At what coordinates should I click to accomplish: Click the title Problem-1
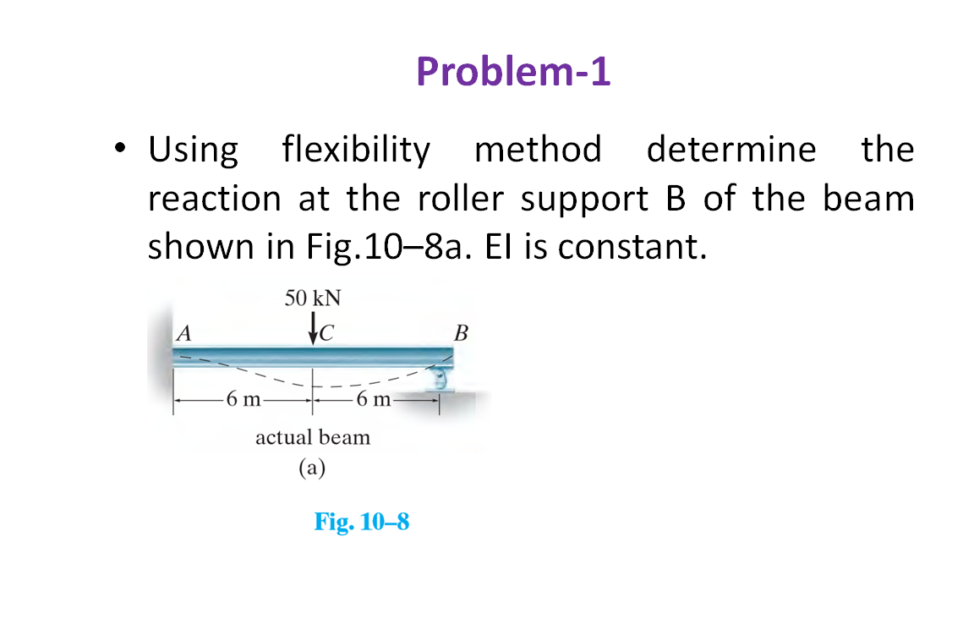click(x=513, y=72)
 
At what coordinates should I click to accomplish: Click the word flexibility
click(x=356, y=150)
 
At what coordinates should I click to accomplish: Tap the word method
click(x=539, y=150)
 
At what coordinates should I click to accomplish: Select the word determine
click(x=731, y=150)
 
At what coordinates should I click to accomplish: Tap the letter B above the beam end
click(x=461, y=331)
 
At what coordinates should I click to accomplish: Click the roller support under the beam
click(x=440, y=378)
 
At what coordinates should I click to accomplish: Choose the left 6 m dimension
click(x=243, y=399)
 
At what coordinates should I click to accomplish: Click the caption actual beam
click(x=313, y=438)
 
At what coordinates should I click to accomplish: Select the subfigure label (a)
click(x=312, y=468)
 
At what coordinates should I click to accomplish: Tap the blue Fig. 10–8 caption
click(x=362, y=522)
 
